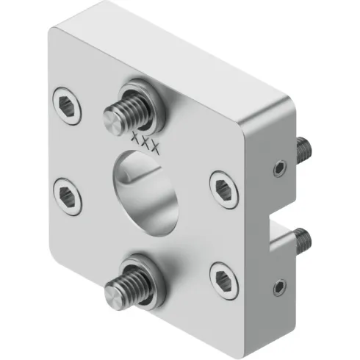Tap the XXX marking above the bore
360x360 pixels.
[x=144, y=140]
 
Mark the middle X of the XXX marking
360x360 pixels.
[x=144, y=140]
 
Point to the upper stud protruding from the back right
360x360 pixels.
[x=303, y=151]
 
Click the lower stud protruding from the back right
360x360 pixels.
[x=301, y=240]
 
